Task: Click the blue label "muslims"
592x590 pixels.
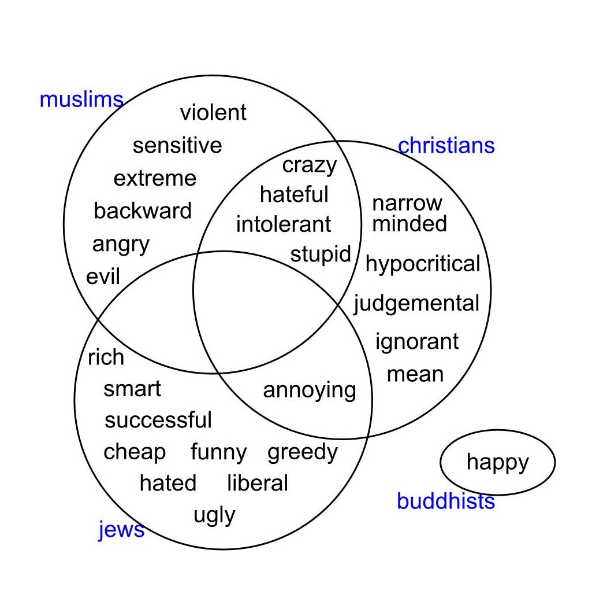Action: coord(81,100)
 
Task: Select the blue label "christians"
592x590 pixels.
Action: coord(446,145)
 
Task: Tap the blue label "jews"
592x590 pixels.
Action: coord(121,529)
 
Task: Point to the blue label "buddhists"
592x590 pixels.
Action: coord(446,502)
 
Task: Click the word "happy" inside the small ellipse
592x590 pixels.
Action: coord(497,462)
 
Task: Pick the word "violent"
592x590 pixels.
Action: coord(213,112)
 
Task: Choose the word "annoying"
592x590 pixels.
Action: coord(310,390)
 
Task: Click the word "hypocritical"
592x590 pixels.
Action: coord(423,264)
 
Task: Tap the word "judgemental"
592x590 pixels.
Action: coord(416,304)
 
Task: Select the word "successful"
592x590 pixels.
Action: coord(158,420)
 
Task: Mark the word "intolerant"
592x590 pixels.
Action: coord(284,224)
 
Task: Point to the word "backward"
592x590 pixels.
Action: coord(142,211)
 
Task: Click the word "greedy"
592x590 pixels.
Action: coord(303,452)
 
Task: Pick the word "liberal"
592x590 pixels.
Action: coord(257,483)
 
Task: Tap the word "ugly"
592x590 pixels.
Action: coord(214,515)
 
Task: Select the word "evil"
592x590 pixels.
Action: coord(103,277)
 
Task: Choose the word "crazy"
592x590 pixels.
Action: coord(309,166)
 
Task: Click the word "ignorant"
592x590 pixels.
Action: coord(417,342)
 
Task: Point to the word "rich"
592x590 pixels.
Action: coord(106,357)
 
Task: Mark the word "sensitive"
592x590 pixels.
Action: coord(177,145)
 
